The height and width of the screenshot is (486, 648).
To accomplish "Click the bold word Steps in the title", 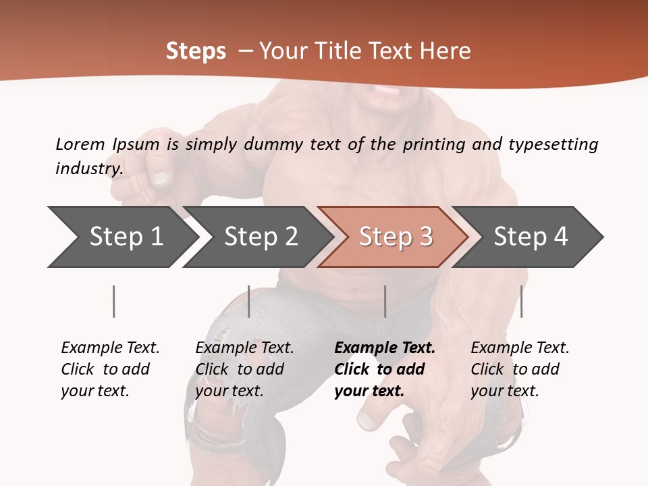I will pyautogui.click(x=196, y=51).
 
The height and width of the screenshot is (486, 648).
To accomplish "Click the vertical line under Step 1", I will pyautogui.click(x=113, y=301).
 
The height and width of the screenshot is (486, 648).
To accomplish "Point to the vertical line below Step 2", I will pyautogui.click(x=249, y=301).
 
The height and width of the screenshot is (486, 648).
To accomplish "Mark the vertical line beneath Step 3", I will pyautogui.click(x=385, y=301).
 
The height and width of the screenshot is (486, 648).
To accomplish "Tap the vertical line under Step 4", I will pyautogui.click(x=521, y=301).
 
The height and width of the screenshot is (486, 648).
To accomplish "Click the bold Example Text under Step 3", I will pyautogui.click(x=385, y=348).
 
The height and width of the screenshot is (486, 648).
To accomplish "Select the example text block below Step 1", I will pyautogui.click(x=110, y=369).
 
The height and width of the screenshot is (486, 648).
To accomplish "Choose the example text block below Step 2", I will pyautogui.click(x=244, y=369).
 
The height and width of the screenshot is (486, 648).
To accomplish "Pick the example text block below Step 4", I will pyautogui.click(x=520, y=369).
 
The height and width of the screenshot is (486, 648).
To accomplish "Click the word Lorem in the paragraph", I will pyautogui.click(x=80, y=144).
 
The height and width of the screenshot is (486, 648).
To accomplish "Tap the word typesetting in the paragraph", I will pyautogui.click(x=553, y=144).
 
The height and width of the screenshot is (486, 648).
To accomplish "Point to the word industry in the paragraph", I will pyautogui.click(x=88, y=168).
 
